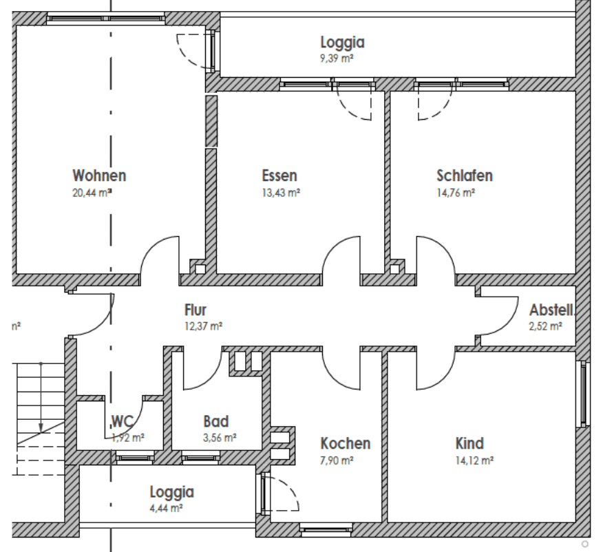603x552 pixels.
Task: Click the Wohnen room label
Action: pyautogui.click(x=100, y=176)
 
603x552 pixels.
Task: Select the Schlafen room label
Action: pyautogui.click(x=464, y=176)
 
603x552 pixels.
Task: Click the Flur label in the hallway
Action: pyautogui.click(x=195, y=310)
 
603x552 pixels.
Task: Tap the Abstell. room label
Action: pyautogui.click(x=552, y=310)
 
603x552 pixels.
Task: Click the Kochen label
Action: pyautogui.click(x=346, y=443)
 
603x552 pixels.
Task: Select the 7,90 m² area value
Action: pyautogui.click(x=337, y=460)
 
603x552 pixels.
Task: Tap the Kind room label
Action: pyautogui.click(x=469, y=443)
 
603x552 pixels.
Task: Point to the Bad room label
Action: pyautogui.click(x=215, y=421)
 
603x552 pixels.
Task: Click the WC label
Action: pyautogui.click(x=122, y=421)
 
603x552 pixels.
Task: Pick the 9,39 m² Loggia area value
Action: pyautogui.click(x=337, y=60)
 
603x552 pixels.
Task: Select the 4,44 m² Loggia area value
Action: pyautogui.click(x=166, y=509)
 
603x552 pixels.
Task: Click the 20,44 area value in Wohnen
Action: pyautogui.click(x=92, y=193)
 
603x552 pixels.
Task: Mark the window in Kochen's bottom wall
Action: pyautogui.click(x=326, y=530)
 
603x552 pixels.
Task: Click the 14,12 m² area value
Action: pyautogui.click(x=474, y=460)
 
